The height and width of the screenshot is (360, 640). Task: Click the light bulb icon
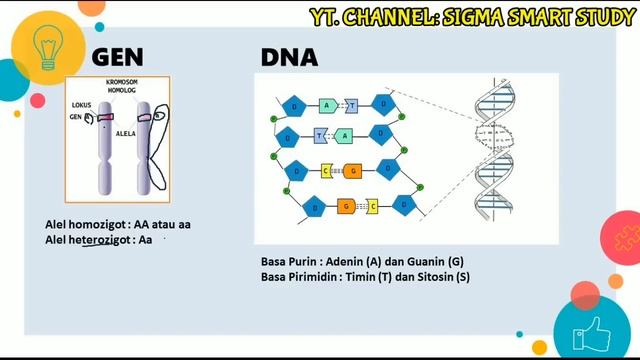[x=46, y=46]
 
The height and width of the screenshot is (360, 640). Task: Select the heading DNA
[x=289, y=57]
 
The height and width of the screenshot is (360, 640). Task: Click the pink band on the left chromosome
[x=104, y=119]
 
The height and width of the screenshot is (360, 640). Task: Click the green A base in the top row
[x=326, y=105]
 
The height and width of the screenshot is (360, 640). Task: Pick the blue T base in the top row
[x=351, y=105]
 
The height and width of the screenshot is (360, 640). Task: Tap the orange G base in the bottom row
[x=345, y=205]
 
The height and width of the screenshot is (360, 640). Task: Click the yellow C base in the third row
[x=326, y=171]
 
